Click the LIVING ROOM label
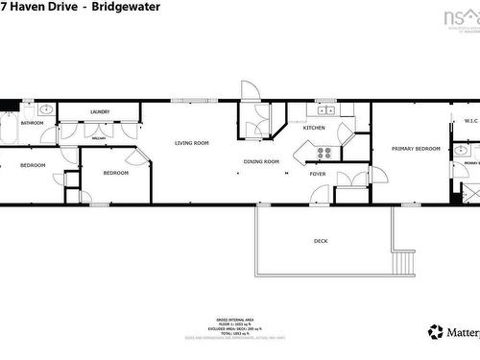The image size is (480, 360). (191, 143)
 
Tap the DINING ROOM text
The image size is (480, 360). (260, 161)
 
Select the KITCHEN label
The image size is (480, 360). (314, 128)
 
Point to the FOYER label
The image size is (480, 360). (317, 174)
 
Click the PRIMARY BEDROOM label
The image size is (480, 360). (416, 149)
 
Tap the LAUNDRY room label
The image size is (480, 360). (100, 112)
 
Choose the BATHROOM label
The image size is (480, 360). (33, 123)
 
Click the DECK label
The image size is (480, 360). (321, 241)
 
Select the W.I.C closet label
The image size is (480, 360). (470, 121)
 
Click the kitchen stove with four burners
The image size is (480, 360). (324, 151)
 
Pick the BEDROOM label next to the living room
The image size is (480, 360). (116, 173)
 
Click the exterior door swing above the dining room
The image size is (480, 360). (249, 90)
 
